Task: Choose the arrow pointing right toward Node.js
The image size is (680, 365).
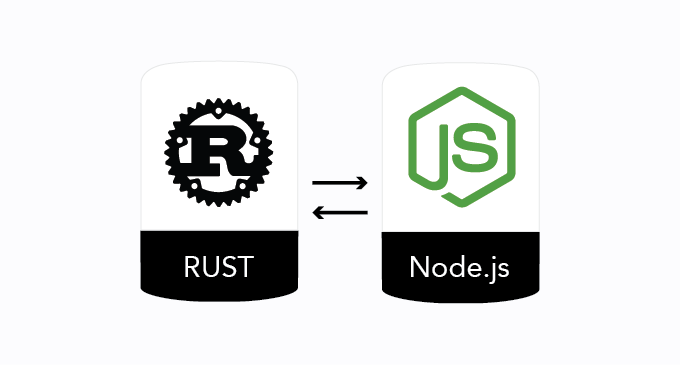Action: [340, 182]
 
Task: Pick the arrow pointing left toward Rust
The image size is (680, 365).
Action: [340, 211]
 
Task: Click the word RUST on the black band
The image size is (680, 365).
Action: [219, 268]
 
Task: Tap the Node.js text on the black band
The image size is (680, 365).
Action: [460, 268]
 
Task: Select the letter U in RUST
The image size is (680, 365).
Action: [210, 268]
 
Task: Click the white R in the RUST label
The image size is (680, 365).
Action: [192, 268]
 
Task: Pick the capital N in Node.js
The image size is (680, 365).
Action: [419, 268]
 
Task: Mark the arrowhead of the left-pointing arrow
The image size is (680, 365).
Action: [317, 211]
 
